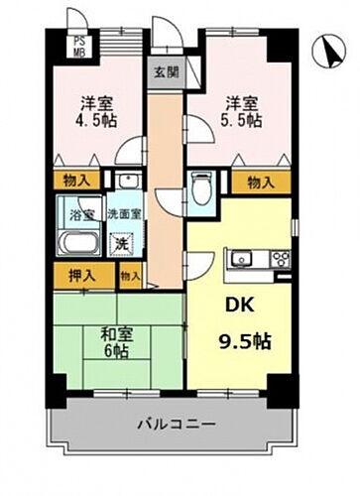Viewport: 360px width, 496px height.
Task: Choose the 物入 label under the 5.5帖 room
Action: pos(261,182)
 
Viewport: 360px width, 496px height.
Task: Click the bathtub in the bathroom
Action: pos(78,244)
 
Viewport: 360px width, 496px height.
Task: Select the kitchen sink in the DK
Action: pos(241,260)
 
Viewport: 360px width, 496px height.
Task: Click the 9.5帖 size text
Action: pos(245,339)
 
